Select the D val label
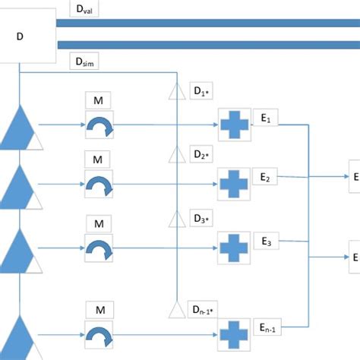point(83,10)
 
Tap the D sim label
point(83,60)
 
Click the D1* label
point(201,93)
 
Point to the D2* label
point(201,155)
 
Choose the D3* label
point(201,219)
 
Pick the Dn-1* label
point(204,310)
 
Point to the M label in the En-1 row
point(99,309)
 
